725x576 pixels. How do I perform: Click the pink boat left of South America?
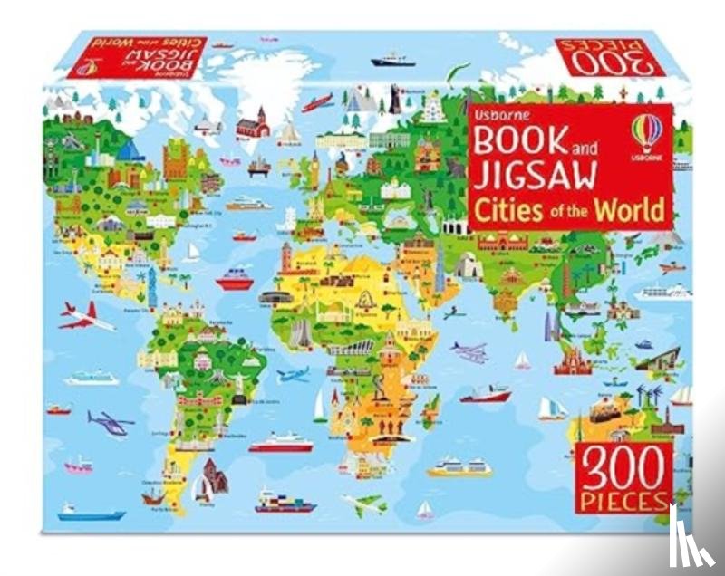coord(80,466)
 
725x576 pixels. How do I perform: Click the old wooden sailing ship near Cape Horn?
coord(155,495)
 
